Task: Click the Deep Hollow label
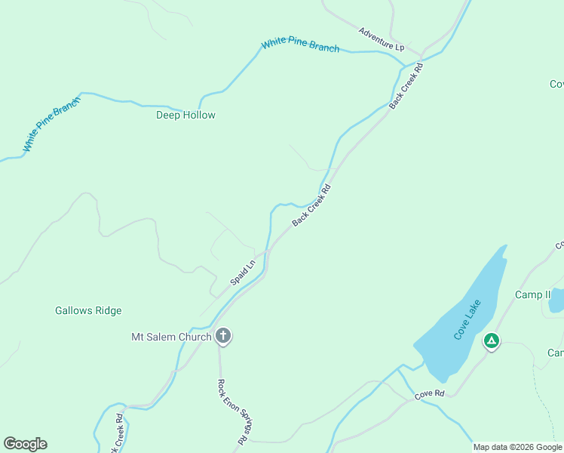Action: (185, 116)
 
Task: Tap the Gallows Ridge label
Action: (88, 310)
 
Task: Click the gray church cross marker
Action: (223, 336)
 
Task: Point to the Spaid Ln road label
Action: (244, 273)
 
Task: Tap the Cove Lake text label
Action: (467, 319)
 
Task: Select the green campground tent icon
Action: (492, 341)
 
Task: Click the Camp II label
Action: (533, 294)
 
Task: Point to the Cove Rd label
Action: (429, 394)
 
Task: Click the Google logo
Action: (25, 444)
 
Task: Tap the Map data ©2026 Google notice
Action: (517, 447)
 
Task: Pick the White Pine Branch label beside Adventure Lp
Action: (300, 45)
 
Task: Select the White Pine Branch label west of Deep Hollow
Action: (52, 127)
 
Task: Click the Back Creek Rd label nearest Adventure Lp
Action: (407, 85)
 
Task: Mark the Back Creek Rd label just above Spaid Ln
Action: (311, 205)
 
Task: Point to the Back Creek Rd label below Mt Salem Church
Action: (118, 432)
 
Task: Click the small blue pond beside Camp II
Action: (556, 300)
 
